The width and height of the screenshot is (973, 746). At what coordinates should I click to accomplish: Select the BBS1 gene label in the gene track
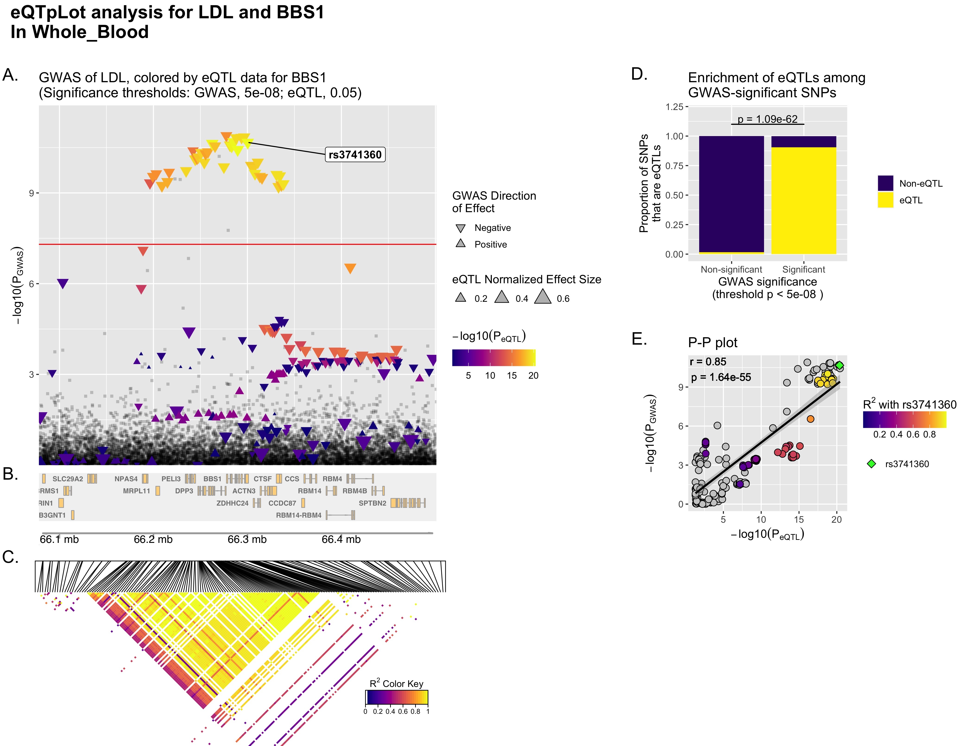[x=212, y=479]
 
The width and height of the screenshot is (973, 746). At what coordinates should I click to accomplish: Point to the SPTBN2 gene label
[x=372, y=503]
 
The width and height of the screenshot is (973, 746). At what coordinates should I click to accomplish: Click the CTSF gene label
[x=262, y=479]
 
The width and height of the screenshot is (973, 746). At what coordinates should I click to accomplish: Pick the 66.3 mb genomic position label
[x=247, y=539]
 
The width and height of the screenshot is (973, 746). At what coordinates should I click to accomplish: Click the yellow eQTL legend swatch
[x=885, y=200]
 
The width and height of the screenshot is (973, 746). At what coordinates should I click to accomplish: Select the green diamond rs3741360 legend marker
[x=871, y=464]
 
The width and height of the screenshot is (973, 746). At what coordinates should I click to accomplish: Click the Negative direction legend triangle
[x=461, y=228]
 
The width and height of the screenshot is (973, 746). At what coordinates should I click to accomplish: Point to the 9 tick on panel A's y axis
[x=32, y=193]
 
